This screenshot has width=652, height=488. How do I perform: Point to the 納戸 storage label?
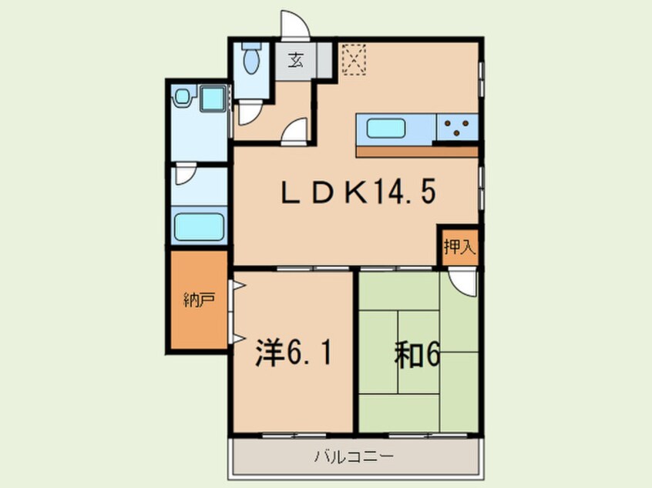199,301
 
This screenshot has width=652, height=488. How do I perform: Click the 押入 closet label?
459,247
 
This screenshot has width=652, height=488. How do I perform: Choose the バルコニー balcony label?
354,456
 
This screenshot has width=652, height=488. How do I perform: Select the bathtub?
199,227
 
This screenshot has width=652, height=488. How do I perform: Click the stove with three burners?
458,128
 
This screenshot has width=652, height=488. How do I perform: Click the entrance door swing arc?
295,25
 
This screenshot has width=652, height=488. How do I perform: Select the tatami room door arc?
464,282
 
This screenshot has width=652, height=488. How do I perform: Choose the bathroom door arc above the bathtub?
185,176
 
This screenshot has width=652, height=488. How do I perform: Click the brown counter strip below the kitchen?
417,152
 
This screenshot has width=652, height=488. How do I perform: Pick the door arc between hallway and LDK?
294,132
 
